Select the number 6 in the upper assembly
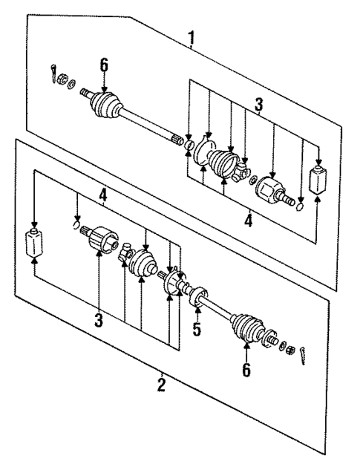104,65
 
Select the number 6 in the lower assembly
246,369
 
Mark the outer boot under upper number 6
105,103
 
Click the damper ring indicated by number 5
197,299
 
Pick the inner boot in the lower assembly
143,264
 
